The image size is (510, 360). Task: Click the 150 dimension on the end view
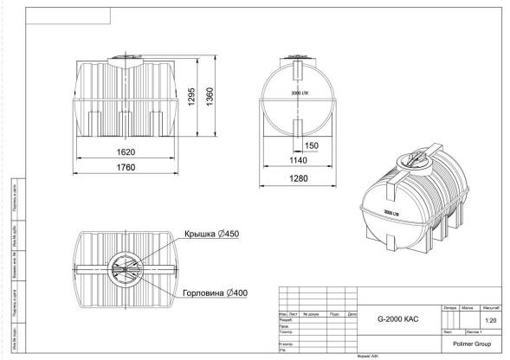point(312,145)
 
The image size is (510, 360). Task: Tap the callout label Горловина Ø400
point(215,292)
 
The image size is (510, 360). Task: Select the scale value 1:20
point(491,320)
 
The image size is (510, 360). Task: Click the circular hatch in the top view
point(126,269)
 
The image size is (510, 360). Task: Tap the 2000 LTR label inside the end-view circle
point(300,92)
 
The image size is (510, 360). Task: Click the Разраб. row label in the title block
point(285,319)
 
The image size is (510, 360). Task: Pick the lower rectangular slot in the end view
point(299,129)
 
